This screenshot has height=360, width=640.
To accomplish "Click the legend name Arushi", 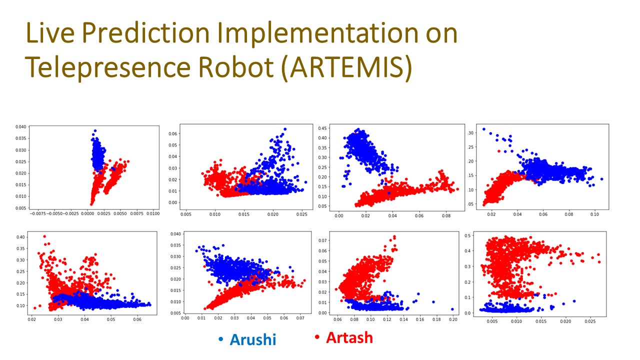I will tap(253, 339).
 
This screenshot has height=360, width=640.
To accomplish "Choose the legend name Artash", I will tap(349, 337).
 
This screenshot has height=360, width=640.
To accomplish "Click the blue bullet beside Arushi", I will tap(221, 339).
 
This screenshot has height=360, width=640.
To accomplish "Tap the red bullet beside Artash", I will tap(317, 338).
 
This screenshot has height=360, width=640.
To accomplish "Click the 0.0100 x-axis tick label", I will tap(152, 213).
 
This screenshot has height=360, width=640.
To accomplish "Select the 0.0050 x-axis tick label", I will tap(120, 213).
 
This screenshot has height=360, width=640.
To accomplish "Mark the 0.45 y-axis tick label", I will tap(322, 128).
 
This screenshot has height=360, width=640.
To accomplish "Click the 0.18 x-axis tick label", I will tap(434, 318).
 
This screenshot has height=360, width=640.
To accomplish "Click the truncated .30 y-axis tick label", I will tap(470, 133).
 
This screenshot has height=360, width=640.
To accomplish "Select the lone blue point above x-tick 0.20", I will tap(452, 309).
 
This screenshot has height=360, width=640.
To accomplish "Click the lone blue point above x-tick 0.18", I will tap(433, 301).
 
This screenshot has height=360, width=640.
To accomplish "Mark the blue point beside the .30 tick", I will tap(483, 129).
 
